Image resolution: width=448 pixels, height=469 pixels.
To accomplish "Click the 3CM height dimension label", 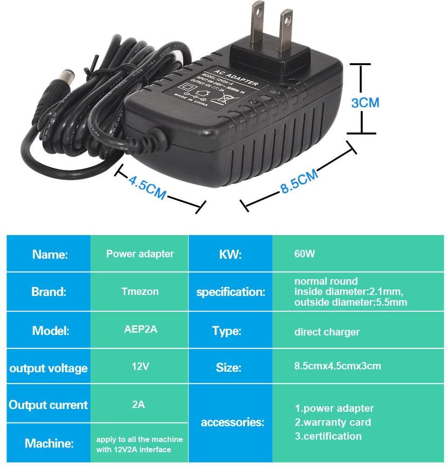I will (x=365, y=102).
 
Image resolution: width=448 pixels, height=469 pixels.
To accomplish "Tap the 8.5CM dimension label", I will (x=299, y=182).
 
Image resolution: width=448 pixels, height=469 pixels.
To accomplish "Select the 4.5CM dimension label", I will (x=147, y=187).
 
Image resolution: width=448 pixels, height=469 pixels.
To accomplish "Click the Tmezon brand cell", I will (x=140, y=292).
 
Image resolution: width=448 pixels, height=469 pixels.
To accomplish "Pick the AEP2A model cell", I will (x=140, y=329).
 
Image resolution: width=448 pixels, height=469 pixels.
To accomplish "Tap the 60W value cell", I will (x=305, y=254).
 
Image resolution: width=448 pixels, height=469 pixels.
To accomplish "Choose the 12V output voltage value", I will (x=140, y=367).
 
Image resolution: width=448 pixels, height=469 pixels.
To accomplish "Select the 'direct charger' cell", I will (x=326, y=332).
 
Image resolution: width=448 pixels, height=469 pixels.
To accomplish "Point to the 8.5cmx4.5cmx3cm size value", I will (x=337, y=366).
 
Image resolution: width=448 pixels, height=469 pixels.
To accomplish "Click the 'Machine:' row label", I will (x=49, y=443).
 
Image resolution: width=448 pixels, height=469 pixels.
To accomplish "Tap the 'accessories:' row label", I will (x=232, y=422).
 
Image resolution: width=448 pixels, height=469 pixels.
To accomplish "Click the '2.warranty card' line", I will (x=333, y=422).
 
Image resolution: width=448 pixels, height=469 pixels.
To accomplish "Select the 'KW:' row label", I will (x=230, y=255).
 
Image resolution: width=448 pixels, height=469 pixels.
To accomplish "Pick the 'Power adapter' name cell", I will (x=140, y=254).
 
